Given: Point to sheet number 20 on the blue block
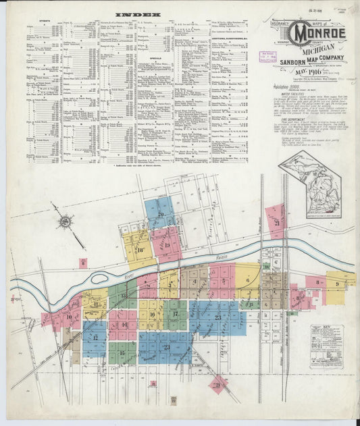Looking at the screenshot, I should [161, 214].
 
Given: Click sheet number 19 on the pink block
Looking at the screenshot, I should [167, 245].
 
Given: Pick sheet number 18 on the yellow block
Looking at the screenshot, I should [140, 250].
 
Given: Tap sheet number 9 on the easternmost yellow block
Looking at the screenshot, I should [336, 284].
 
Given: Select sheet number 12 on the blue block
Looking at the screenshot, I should [95, 337].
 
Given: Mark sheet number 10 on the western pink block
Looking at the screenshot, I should [69, 316].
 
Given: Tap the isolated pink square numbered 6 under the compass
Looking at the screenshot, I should [83, 263].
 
